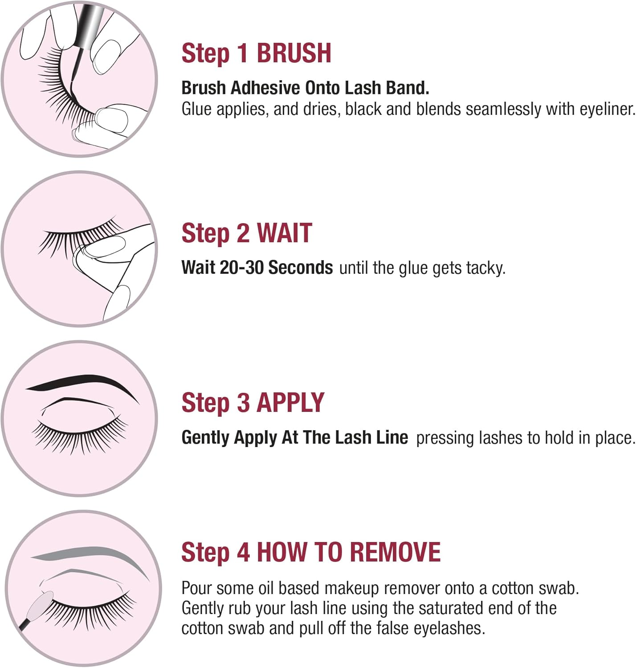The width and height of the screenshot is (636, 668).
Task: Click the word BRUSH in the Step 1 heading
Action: tap(294, 53)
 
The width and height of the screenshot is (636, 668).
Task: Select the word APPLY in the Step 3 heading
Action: tap(290, 403)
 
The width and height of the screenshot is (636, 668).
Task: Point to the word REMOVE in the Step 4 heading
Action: tap(395, 552)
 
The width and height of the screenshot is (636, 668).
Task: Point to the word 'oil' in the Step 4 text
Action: tap(267, 588)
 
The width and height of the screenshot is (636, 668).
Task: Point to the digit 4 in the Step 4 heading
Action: tap(243, 552)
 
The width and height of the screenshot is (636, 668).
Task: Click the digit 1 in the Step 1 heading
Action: tap(243, 53)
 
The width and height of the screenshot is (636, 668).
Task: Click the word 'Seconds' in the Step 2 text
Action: tap(301, 268)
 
